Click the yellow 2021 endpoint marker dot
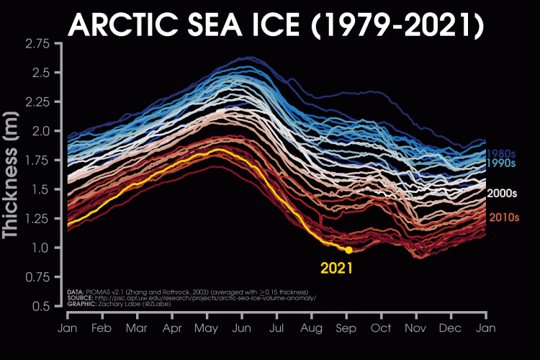[348, 250]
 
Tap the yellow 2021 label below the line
[337, 270]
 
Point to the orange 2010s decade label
[504, 217]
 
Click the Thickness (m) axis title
[12, 175]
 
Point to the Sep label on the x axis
[346, 328]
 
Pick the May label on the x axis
[207, 328]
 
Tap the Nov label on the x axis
[416, 328]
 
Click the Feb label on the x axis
[102, 328]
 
